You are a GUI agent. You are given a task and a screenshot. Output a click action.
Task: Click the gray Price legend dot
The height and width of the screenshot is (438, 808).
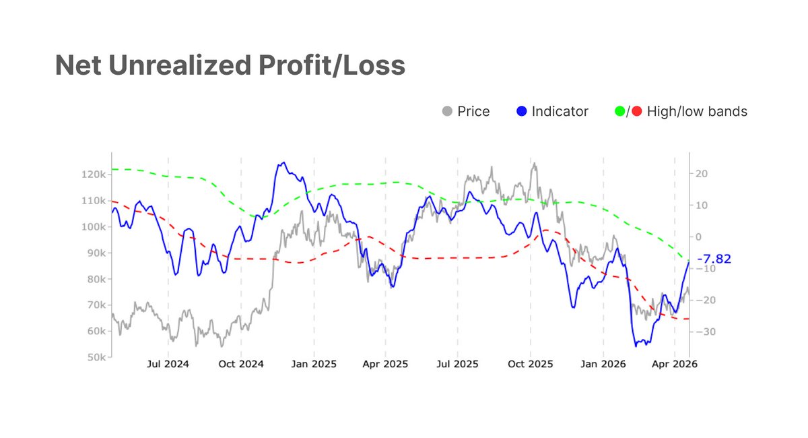click(446, 111)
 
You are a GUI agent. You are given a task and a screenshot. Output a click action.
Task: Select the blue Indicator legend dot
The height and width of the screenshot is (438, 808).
click(520, 111)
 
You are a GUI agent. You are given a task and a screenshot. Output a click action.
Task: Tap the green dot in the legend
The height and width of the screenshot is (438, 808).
click(620, 111)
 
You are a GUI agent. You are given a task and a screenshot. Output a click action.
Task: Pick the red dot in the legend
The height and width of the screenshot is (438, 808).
click(636, 111)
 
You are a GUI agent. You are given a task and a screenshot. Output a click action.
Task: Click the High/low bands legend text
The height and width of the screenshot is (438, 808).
click(697, 111)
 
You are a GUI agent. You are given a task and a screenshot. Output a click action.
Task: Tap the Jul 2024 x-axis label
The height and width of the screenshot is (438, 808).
click(168, 365)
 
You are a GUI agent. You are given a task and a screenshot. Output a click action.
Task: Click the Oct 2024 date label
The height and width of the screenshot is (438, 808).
click(241, 365)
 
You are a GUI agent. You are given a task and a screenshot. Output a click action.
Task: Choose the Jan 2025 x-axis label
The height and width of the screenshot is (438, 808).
click(313, 365)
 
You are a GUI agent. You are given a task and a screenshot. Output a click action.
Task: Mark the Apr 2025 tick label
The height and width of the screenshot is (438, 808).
click(385, 365)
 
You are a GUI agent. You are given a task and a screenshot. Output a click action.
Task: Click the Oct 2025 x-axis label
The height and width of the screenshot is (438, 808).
click(530, 365)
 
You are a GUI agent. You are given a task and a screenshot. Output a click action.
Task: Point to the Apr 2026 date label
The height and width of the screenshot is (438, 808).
click(675, 365)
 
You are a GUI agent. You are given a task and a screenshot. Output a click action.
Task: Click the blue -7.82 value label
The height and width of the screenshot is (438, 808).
click(714, 259)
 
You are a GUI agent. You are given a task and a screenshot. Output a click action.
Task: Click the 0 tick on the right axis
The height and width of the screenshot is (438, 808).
click(698, 237)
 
